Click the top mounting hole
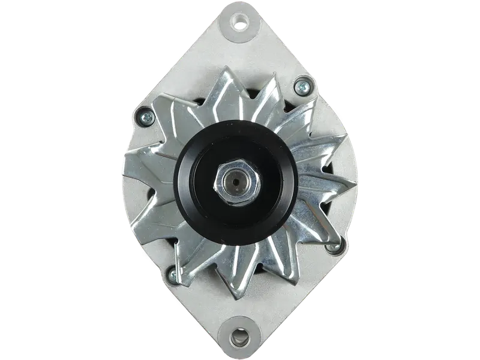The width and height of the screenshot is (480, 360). [x=241, y=25]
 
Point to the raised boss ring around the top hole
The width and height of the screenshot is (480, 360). [x=241, y=17]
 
